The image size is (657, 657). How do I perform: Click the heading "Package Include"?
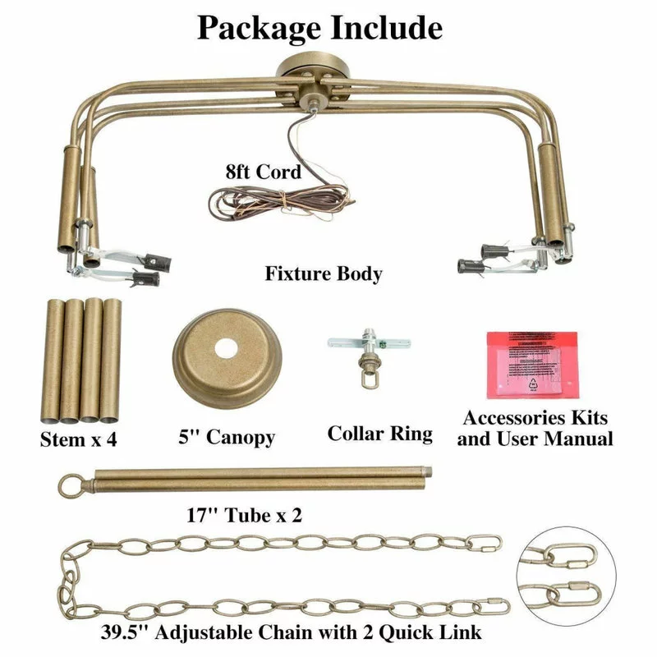pyautogui.click(x=320, y=27)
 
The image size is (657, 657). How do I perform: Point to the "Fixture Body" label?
pyautogui.click(x=324, y=273)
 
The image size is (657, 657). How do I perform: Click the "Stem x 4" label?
pyautogui.click(x=79, y=439)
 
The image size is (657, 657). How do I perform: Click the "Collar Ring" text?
pyautogui.click(x=379, y=433)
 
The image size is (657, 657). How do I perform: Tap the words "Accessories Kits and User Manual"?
pyautogui.click(x=535, y=428)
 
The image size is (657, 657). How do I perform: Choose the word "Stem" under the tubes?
pyautogui.click(x=62, y=439)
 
